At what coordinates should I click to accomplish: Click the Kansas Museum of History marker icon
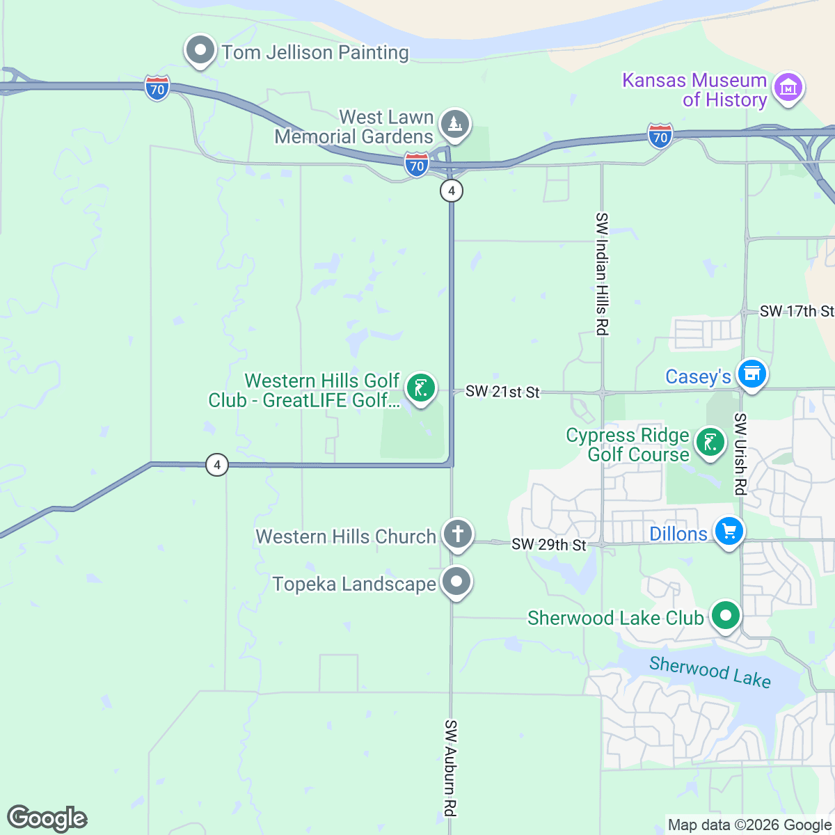click(788, 88)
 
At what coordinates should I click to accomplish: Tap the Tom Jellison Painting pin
click(200, 51)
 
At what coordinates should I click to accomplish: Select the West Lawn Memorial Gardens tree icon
click(454, 125)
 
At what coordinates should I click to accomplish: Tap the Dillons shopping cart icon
click(729, 532)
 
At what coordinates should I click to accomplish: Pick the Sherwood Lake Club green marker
click(726, 616)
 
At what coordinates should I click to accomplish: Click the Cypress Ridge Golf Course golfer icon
click(710, 443)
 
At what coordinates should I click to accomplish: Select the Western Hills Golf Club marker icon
click(420, 388)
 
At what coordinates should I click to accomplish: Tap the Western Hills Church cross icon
click(457, 535)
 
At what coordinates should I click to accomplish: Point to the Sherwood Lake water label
click(710, 671)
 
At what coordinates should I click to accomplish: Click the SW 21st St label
click(502, 392)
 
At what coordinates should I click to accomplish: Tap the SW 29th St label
click(548, 544)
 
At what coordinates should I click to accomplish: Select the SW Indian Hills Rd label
click(602, 274)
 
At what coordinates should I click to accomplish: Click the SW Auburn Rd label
click(451, 768)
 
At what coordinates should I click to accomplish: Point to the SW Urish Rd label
click(740, 454)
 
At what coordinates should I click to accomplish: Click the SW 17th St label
click(795, 311)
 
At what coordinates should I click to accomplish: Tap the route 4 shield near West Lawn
click(452, 190)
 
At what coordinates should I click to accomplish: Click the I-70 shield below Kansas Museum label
click(660, 136)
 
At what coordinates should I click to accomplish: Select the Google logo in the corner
click(47, 818)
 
